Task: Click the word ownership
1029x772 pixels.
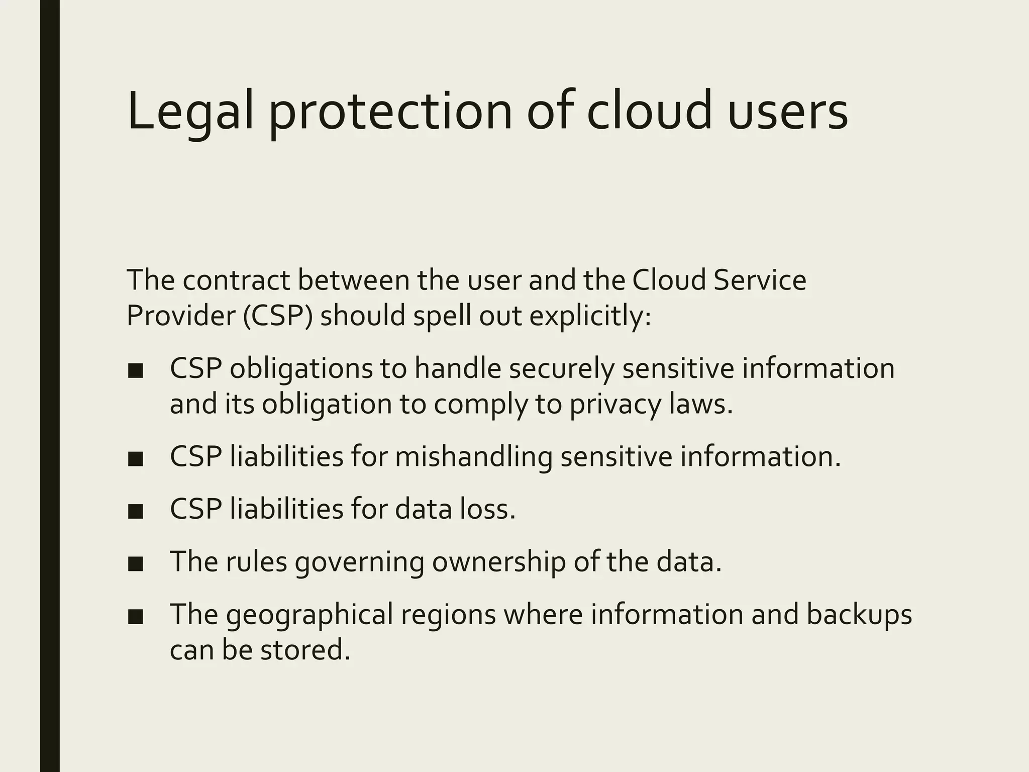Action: [x=498, y=561]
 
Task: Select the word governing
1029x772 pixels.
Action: [x=359, y=561]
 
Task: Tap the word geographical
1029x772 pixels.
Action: [x=309, y=614]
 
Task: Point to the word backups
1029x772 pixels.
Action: [x=859, y=614]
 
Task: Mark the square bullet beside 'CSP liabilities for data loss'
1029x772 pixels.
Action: [x=135, y=512]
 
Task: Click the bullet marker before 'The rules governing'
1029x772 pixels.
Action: [x=135, y=564]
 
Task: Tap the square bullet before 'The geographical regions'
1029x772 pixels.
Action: [x=135, y=617]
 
